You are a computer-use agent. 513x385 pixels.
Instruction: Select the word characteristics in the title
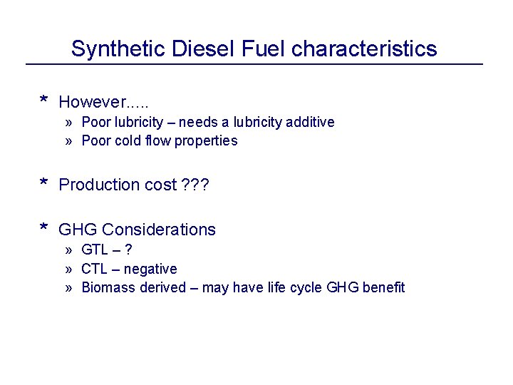coord(364,48)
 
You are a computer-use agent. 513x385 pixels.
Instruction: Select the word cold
coord(128,140)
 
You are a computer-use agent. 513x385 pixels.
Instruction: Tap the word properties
coord(206,140)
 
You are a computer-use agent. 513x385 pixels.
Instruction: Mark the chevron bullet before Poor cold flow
coord(69,140)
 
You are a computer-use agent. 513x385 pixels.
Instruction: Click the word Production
coord(98,185)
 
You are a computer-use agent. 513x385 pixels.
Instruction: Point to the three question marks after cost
coord(195,185)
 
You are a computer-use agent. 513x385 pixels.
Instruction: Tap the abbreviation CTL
coord(95,269)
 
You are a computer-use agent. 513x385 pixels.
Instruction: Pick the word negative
coord(150,269)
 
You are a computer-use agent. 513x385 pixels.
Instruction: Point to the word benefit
coord(383,287)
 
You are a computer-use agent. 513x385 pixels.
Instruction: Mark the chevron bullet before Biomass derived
coord(69,287)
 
